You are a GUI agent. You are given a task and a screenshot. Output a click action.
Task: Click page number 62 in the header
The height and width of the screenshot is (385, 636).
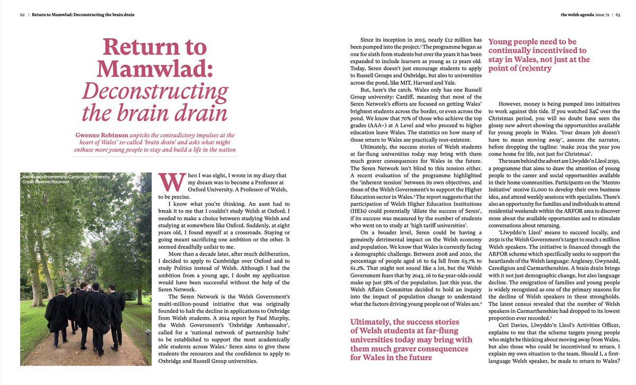click(x=23, y=14)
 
